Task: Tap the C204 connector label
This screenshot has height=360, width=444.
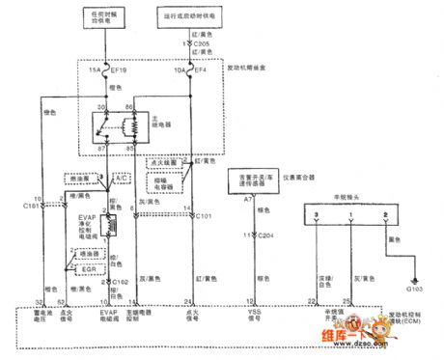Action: [x=264, y=235]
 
